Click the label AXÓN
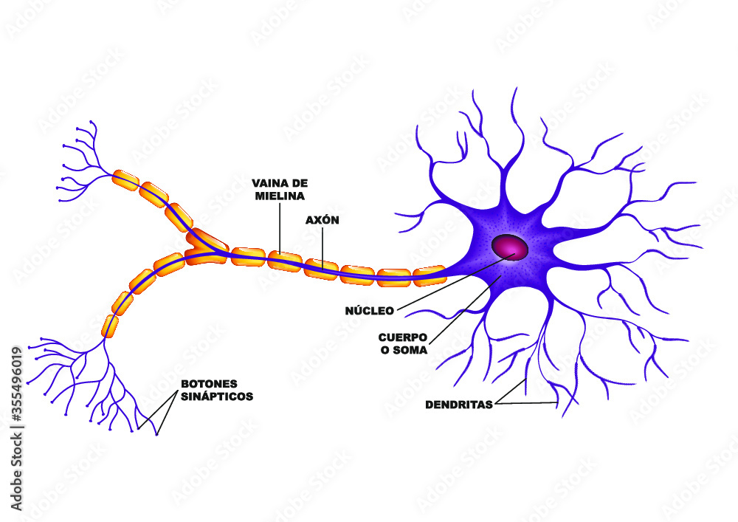[323, 220]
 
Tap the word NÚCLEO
[369, 311]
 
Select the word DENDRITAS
[459, 405]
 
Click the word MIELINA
[279, 196]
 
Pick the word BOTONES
[209, 385]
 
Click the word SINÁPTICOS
[217, 396]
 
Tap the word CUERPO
[402, 337]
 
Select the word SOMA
[413, 350]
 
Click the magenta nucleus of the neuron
[511, 247]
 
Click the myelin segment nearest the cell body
[429, 276]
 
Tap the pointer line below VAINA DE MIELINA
[280, 229]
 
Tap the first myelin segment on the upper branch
[125, 179]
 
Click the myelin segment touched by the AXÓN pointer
[321, 267]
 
